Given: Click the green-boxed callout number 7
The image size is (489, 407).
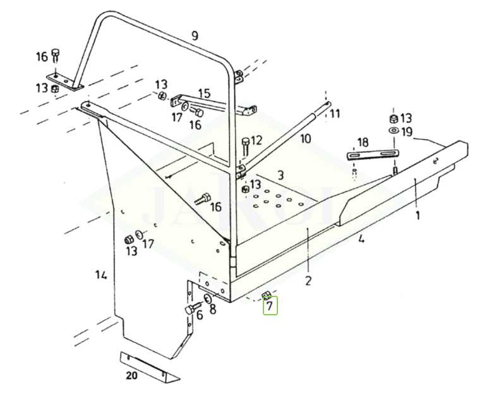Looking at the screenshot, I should tap(270, 307).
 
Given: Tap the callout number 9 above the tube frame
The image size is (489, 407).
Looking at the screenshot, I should tap(195, 36).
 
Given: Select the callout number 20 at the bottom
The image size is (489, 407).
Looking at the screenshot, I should tap(131, 375).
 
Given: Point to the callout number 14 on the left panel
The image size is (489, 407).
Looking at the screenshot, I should tap(101, 275).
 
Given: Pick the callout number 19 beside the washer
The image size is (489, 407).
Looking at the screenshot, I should tap(406, 132).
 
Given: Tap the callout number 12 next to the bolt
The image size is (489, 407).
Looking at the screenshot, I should tap(256, 140).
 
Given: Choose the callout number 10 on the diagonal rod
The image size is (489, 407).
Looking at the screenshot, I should tap(305, 138).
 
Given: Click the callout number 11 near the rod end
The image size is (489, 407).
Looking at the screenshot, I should tap(334, 114).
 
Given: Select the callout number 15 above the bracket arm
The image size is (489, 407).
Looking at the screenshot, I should tap(204, 94).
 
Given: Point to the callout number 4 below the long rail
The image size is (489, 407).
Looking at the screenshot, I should tap(361, 239).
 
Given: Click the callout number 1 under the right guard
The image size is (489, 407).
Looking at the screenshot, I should tap(417, 215).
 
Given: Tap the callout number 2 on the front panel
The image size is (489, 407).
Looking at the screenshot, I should tap(308, 281).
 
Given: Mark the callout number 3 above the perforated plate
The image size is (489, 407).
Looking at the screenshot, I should tap(281, 174).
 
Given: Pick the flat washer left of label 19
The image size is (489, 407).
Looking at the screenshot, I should tap(393, 131).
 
